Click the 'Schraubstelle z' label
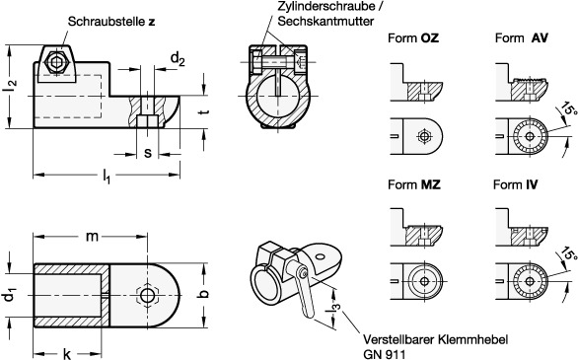(111, 22)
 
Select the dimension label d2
(178, 59)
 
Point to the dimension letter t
(206, 111)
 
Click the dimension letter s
(147, 153)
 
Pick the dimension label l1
(107, 176)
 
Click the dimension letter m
(92, 237)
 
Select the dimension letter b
(204, 293)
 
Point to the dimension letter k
(67, 354)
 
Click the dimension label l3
(332, 311)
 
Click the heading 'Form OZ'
(413, 37)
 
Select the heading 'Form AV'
(521, 37)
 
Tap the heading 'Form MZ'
(414, 184)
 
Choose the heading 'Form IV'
(515, 184)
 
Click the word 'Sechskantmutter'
(325, 21)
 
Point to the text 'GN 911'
(384, 354)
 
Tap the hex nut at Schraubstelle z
(55, 62)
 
